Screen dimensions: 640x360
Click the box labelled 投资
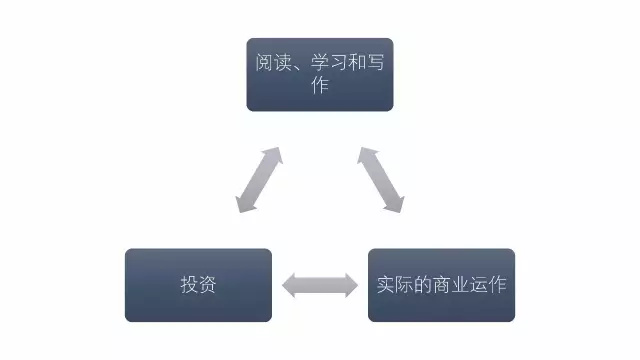point(198,285)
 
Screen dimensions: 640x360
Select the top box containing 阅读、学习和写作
point(320,74)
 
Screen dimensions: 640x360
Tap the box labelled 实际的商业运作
point(441,285)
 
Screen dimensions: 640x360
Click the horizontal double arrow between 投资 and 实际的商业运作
point(320,285)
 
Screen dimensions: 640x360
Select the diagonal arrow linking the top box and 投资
point(258,180)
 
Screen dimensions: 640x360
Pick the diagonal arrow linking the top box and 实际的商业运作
point(381,180)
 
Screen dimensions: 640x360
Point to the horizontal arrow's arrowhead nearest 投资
point(289,285)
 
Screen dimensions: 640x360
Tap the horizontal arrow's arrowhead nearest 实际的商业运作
point(350,285)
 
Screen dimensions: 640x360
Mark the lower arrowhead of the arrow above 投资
point(244,205)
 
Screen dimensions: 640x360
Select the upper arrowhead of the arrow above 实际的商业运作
point(366,155)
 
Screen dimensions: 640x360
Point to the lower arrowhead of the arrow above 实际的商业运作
point(395,205)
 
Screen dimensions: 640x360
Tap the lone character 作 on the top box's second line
point(320,86)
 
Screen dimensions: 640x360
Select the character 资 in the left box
point(208,285)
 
